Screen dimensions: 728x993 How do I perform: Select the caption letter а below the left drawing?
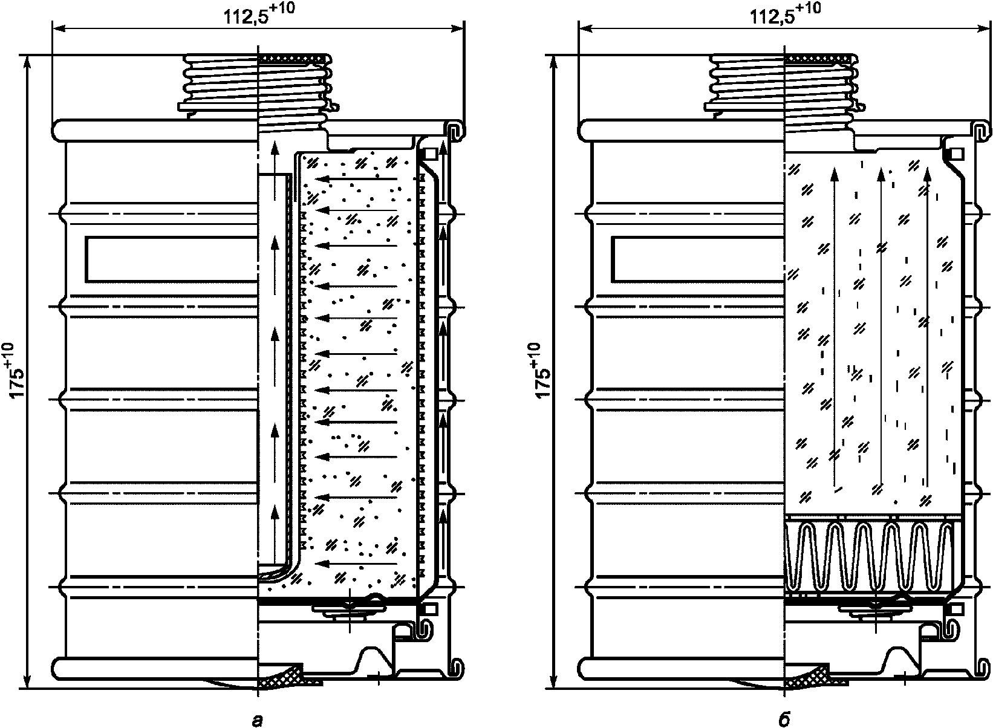point(258,718)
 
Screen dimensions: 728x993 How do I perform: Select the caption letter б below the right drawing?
point(784,718)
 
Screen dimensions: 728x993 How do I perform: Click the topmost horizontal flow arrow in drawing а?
point(357,179)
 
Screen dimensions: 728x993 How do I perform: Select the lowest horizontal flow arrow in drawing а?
point(357,564)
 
